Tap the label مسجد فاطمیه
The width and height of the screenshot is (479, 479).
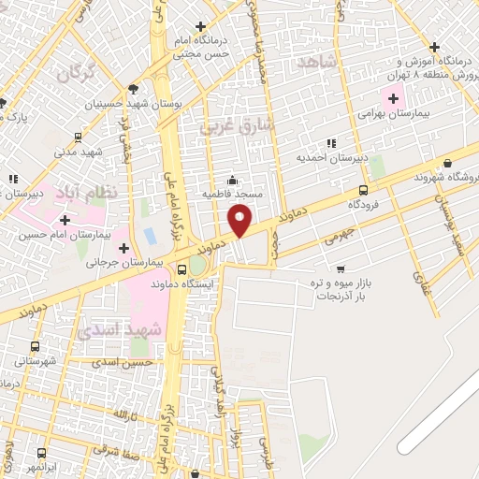[x=233, y=194]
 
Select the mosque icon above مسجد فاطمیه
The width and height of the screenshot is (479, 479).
[x=233, y=180]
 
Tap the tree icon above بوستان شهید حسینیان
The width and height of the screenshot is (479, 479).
[x=133, y=91]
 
